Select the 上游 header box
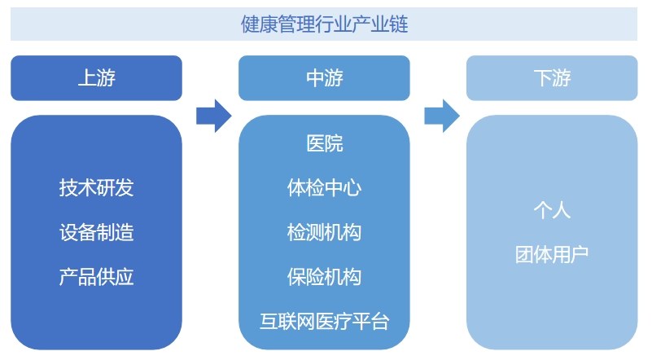[x=96, y=78]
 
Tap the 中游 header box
[x=324, y=78]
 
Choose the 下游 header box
[x=552, y=78]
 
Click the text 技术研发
[x=96, y=188]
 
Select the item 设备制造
[x=96, y=233]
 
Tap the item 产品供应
[x=96, y=277]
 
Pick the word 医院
[x=324, y=144]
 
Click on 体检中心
[x=324, y=188]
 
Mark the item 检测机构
[x=324, y=233]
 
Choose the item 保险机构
[x=324, y=277]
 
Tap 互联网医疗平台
[x=324, y=321]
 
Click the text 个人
[x=552, y=210]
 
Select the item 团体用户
[x=552, y=255]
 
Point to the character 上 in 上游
[x=86, y=78]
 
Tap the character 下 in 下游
[x=542, y=78]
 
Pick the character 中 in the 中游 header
[x=314, y=78]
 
